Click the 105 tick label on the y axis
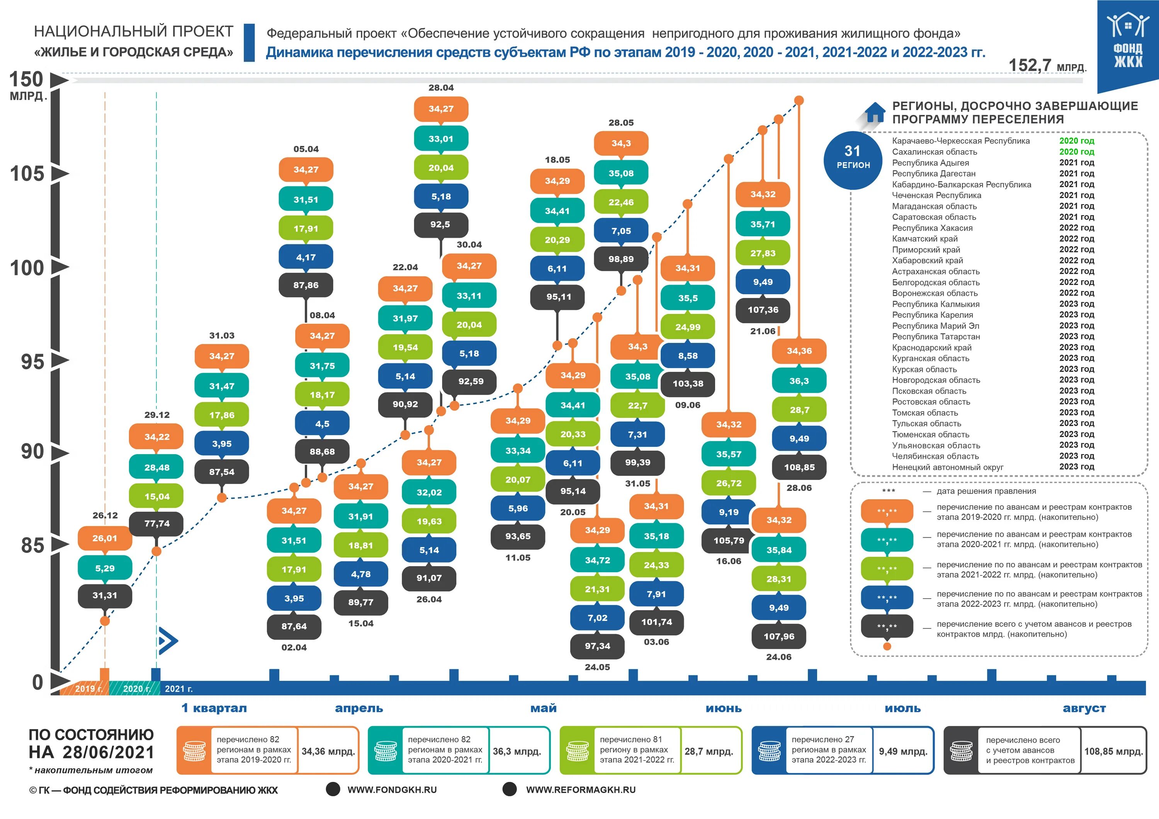pos(27,174)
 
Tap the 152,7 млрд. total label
pos(1047,66)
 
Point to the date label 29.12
pos(157,415)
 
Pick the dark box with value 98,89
pos(621,259)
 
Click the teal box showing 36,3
pos(799,381)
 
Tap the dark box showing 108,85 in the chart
pos(799,467)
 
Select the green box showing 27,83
pos(762,253)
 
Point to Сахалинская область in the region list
pos(935,152)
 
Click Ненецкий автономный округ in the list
pos(948,467)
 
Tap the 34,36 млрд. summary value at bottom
pos(328,751)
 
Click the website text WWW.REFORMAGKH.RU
pos(581,790)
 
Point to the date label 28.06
pos(799,488)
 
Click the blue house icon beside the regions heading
pos(874,112)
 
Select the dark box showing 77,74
pos(156,524)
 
